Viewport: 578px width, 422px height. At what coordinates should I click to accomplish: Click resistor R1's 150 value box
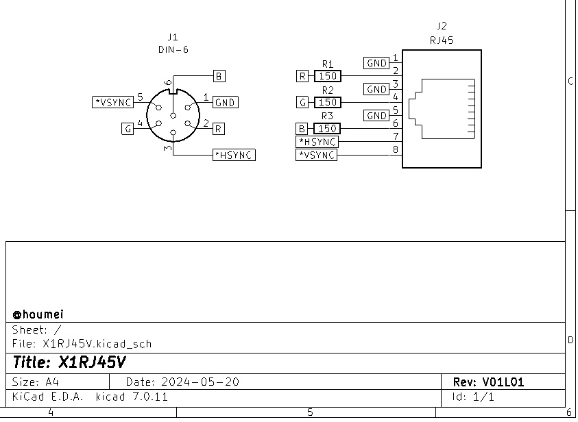point(327,76)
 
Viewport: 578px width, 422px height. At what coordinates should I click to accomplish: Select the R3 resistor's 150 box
point(327,128)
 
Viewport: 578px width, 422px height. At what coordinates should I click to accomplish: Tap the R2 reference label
point(327,90)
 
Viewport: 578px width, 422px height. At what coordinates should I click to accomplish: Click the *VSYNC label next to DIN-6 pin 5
point(112,102)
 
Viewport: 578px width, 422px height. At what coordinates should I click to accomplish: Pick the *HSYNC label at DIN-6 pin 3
point(234,155)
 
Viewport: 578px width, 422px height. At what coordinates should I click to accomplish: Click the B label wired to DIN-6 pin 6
point(219,76)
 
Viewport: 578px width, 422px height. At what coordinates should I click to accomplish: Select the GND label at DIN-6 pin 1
point(225,102)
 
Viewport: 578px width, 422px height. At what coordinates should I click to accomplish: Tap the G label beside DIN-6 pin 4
point(128,128)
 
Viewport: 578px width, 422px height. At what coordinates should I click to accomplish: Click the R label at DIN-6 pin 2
point(218,128)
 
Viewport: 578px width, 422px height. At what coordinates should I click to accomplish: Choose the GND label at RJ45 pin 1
point(377,63)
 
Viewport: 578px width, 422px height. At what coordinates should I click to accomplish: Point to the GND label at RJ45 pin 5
point(377,115)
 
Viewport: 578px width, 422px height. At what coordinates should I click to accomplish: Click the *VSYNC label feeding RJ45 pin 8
point(317,155)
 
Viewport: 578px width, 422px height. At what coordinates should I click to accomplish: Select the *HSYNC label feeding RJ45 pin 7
point(317,141)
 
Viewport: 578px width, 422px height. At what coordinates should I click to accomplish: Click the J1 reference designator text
point(172,37)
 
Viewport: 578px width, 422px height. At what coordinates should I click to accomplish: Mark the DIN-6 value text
point(172,49)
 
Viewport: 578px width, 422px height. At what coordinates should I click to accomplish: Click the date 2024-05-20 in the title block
point(199,382)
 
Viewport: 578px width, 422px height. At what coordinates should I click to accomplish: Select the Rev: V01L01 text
point(488,382)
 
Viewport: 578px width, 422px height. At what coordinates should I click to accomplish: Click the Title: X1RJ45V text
point(69,362)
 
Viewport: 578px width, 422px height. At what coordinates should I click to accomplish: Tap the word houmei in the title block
point(43,314)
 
